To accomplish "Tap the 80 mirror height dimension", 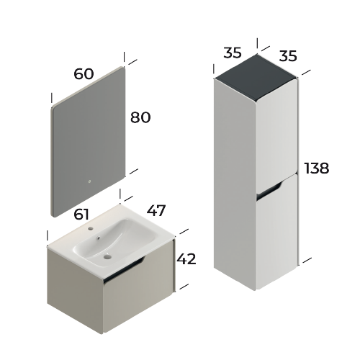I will [x=140, y=117].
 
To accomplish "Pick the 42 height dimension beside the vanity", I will [x=186, y=258].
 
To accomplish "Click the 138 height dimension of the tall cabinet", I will [x=316, y=168].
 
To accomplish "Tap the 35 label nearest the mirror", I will [x=233, y=53].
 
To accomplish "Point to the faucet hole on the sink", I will [x=94, y=229].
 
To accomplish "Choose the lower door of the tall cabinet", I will [x=277, y=230].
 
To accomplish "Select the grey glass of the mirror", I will [x=86, y=137].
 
